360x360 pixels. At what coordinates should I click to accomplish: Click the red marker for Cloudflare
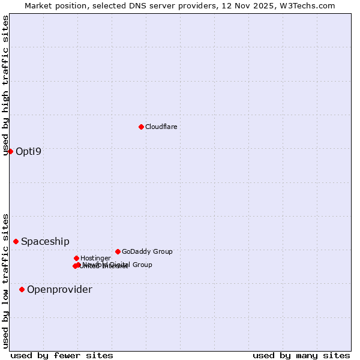click(x=141, y=127)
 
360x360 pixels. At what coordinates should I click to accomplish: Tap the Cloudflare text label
click(x=161, y=127)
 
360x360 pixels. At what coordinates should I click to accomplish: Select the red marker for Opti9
click(x=10, y=151)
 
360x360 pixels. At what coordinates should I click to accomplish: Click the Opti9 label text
click(x=29, y=151)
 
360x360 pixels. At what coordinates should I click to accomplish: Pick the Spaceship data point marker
click(x=16, y=241)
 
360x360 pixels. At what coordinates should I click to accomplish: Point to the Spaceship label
click(x=45, y=241)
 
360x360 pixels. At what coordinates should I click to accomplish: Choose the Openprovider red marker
click(x=22, y=289)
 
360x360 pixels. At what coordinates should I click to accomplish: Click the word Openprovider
click(x=59, y=290)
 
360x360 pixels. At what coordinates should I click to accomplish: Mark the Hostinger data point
click(x=76, y=258)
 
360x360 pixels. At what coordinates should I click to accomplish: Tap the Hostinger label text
click(x=95, y=258)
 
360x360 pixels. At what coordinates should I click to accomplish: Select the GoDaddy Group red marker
click(x=118, y=251)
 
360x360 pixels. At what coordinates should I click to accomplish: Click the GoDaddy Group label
click(x=147, y=251)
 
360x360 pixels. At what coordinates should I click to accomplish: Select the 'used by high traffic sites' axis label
click(x=5, y=85)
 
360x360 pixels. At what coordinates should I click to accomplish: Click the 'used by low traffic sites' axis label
click(x=5, y=280)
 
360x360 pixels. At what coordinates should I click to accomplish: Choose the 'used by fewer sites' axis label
click(x=62, y=355)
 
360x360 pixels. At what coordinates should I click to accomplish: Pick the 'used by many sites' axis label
click(x=301, y=355)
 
